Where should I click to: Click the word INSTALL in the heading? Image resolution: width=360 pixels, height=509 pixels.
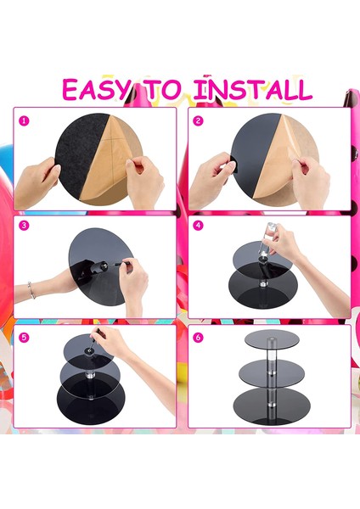coord(252,88)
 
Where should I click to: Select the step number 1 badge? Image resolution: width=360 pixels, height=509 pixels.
coord(24,121)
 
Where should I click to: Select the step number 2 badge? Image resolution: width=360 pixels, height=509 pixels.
coord(198,121)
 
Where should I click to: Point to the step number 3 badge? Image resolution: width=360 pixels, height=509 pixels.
coord(24,226)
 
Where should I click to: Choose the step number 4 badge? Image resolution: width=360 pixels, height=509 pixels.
coord(198,226)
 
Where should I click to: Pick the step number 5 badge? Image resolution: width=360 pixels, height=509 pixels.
coord(24,338)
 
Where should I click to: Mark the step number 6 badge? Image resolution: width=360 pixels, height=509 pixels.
coord(198,338)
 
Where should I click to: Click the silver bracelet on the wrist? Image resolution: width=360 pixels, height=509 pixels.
coord(31,290)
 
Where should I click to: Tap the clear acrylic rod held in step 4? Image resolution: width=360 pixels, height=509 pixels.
coord(266,238)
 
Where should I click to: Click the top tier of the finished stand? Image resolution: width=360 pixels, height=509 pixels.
coord(272,338)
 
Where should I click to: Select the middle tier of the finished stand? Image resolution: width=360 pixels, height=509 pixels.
coord(272,371)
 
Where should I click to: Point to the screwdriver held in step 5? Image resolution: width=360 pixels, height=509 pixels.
coord(93,341)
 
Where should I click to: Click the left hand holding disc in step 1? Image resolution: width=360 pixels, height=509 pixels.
coord(36,182)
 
